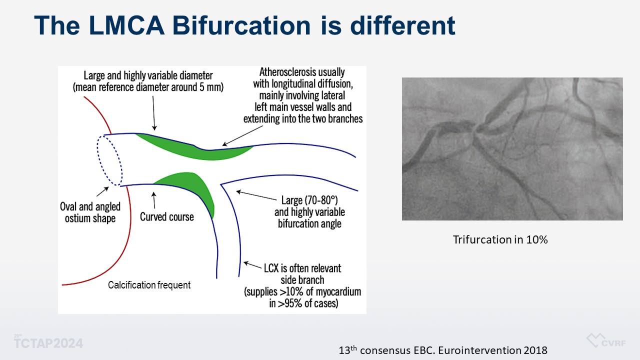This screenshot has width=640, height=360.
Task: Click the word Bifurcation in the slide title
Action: coord(241,25)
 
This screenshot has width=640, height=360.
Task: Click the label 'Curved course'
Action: coord(167,217)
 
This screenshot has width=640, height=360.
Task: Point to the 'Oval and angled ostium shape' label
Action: coord(90,212)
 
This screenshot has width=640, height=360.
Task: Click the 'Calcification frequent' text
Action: coord(149,285)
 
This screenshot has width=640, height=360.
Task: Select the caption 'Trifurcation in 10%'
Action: coord(500,239)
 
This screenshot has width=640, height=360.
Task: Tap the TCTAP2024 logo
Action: coord(48,342)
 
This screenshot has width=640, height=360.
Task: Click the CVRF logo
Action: coord(606,340)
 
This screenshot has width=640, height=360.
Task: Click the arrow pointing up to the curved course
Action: coord(154,200)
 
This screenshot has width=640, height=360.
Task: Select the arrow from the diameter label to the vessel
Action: coord(153,113)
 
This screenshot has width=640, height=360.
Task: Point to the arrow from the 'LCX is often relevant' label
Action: coord(252,265)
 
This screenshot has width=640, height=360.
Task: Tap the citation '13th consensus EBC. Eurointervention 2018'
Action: coord(443,350)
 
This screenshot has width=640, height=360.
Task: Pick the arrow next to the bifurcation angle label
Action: coord(256,195)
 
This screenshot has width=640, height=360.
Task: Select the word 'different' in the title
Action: coord(403,25)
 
